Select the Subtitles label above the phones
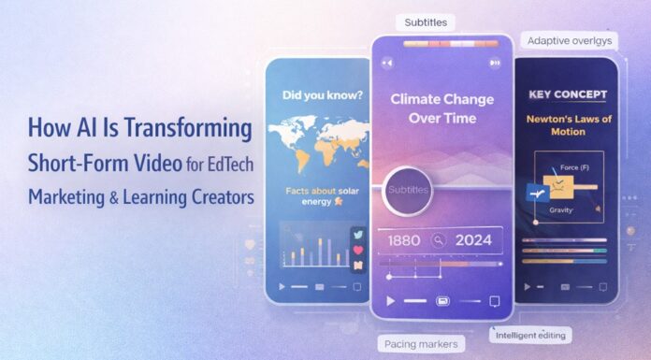pos(427,22)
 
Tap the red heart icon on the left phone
pos(356,252)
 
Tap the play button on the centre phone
pos(392,301)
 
